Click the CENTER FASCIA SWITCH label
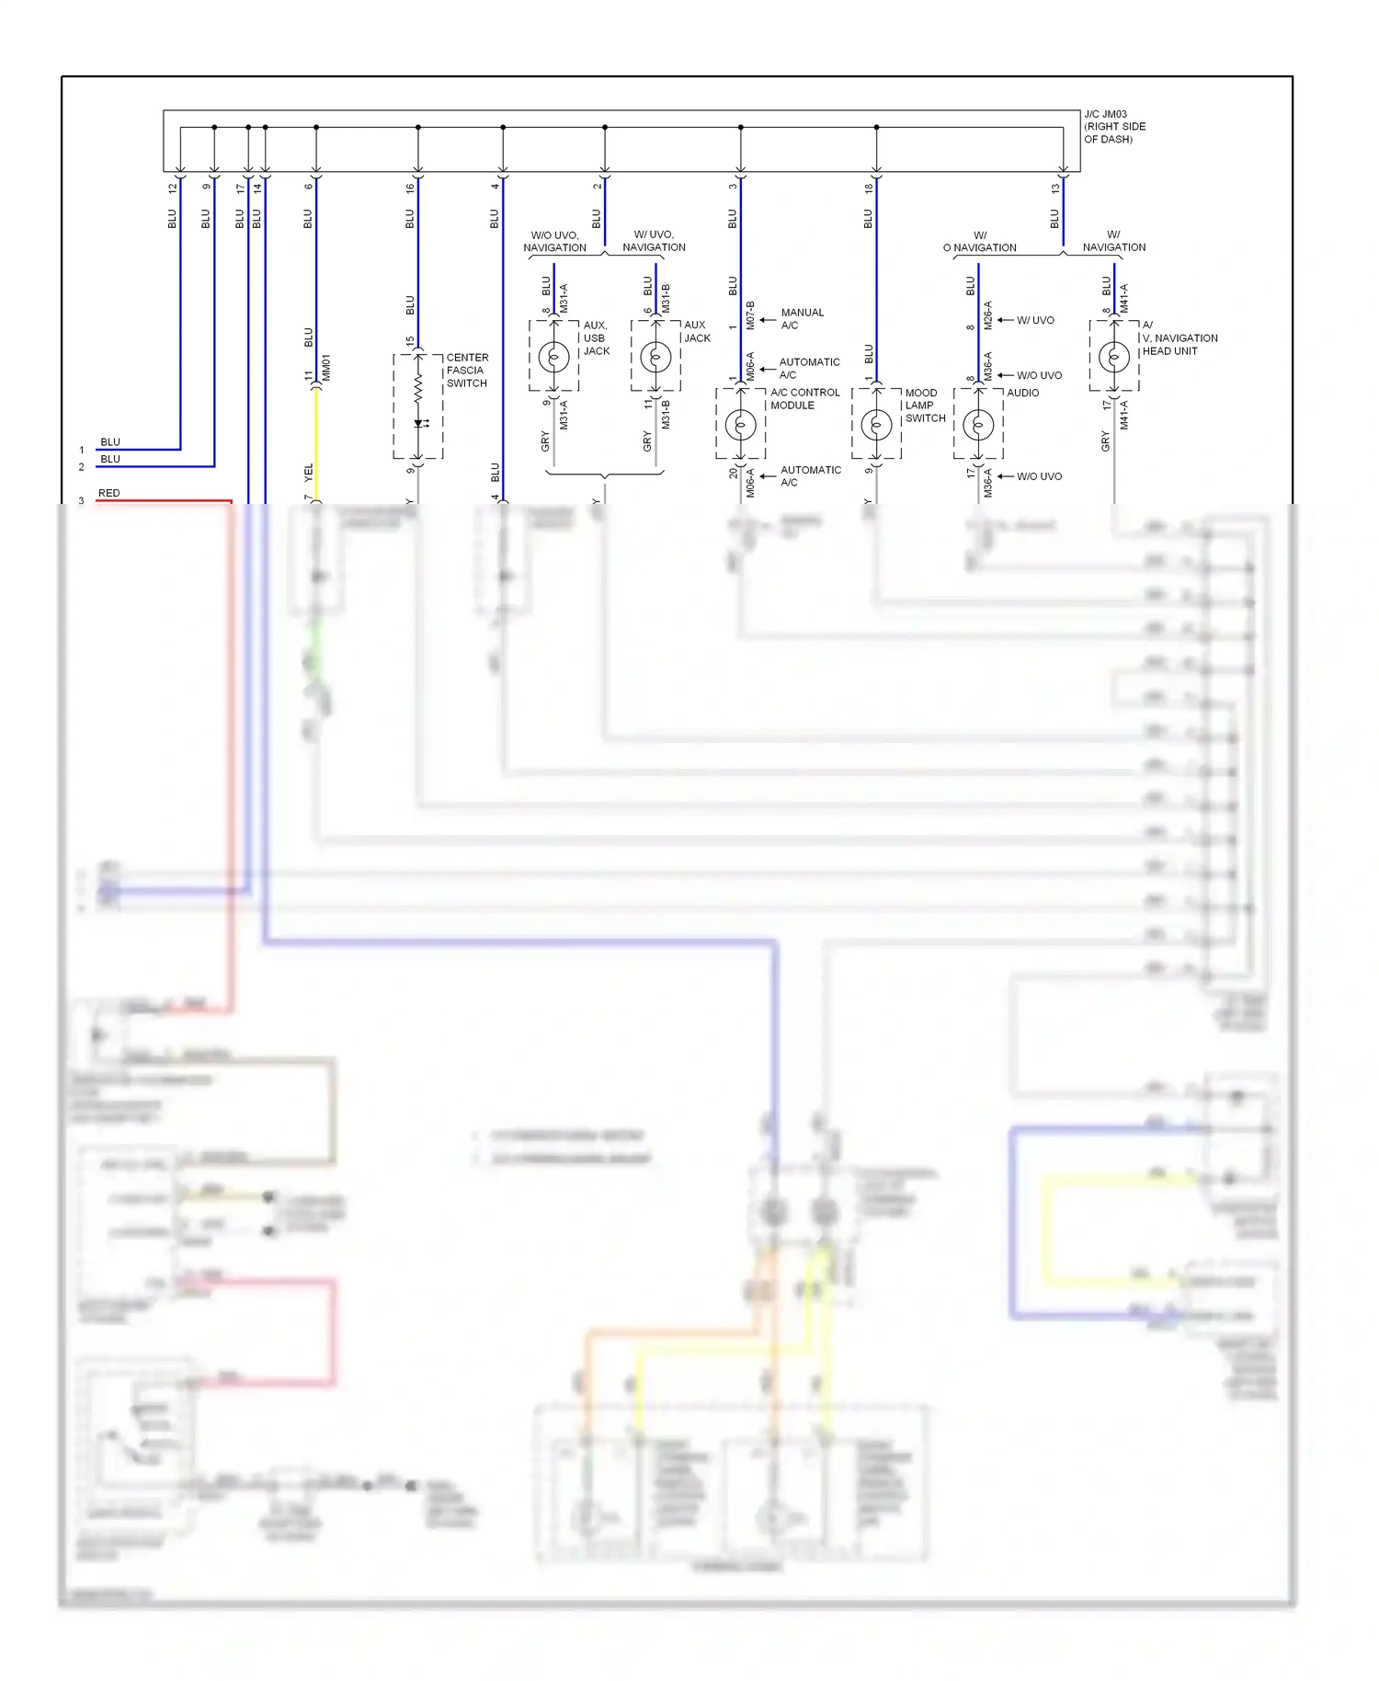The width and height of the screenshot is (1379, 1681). tap(467, 371)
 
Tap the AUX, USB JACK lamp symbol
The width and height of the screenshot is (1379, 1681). tap(553, 356)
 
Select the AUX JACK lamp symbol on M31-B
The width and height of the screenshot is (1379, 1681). tap(655, 356)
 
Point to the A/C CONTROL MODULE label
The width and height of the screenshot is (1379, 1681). tap(804, 399)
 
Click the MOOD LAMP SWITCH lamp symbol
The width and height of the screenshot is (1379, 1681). tap(876, 425)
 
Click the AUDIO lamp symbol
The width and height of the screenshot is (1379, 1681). tap(978, 425)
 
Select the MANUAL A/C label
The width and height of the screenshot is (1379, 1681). tap(802, 319)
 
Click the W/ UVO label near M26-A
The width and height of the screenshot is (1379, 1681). tap(1035, 321)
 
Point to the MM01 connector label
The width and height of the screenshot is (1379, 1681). tap(326, 368)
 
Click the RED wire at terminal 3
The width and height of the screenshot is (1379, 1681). tap(165, 501)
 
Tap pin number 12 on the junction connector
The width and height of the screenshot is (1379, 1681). tap(172, 188)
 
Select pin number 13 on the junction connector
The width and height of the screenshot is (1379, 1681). tap(1055, 188)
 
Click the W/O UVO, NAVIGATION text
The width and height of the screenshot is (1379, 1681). tap(554, 242)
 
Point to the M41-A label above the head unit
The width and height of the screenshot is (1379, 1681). tap(1123, 298)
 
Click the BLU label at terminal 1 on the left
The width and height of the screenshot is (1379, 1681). tap(110, 442)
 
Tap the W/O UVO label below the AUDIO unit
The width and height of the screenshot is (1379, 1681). tap(1039, 476)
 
